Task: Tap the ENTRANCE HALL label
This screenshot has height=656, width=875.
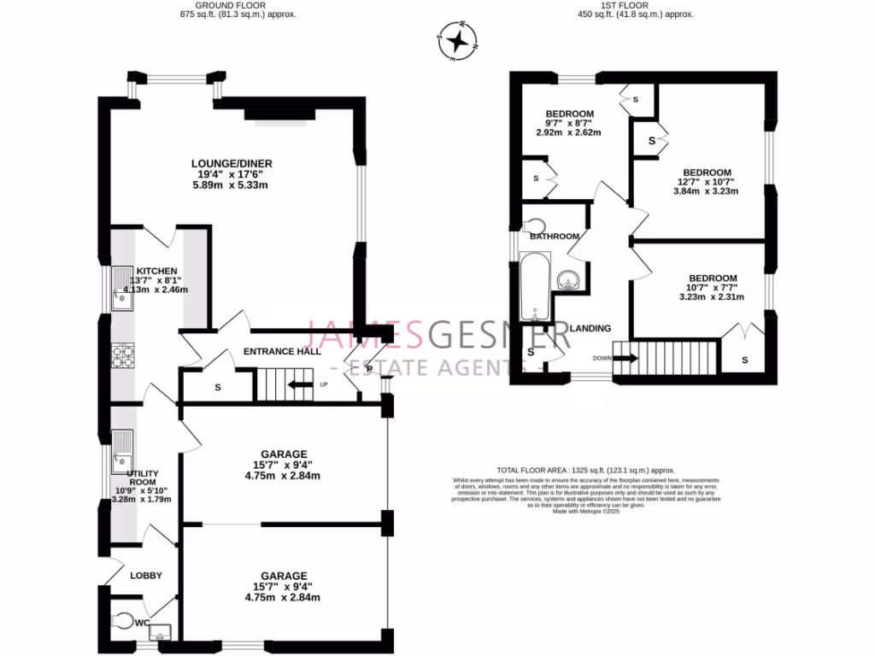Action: [x=282, y=351]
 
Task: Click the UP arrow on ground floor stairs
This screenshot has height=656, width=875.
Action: [x=300, y=385]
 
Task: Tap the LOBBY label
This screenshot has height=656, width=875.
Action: [x=146, y=576]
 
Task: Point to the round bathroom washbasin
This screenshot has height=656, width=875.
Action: [x=567, y=278]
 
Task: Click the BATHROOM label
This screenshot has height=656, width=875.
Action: [x=555, y=237]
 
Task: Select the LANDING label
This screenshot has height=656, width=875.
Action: [x=590, y=328]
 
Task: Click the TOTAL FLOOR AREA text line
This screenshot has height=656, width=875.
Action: [x=585, y=470]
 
